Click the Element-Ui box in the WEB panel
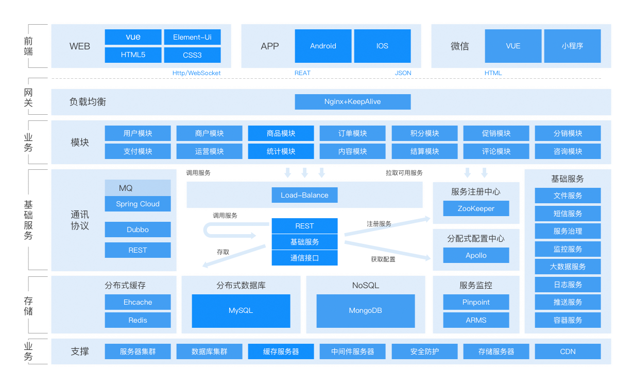[x=192, y=37]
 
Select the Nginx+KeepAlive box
[x=352, y=101]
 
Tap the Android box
[x=323, y=46]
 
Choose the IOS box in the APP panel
[x=382, y=46]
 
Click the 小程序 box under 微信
[x=572, y=46]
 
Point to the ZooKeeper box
[x=476, y=208]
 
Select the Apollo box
[x=476, y=255]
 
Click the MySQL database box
[x=241, y=311]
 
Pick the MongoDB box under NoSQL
[x=365, y=311]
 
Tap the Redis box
[x=138, y=320]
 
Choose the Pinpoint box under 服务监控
[x=476, y=302]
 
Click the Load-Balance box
[x=304, y=195]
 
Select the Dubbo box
[x=138, y=230]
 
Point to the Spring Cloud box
[x=138, y=204]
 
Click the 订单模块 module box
[x=352, y=133]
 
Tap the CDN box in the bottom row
[x=568, y=351]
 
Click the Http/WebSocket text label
[x=196, y=73]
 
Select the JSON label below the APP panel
[x=403, y=73]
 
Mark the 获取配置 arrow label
[x=383, y=259]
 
